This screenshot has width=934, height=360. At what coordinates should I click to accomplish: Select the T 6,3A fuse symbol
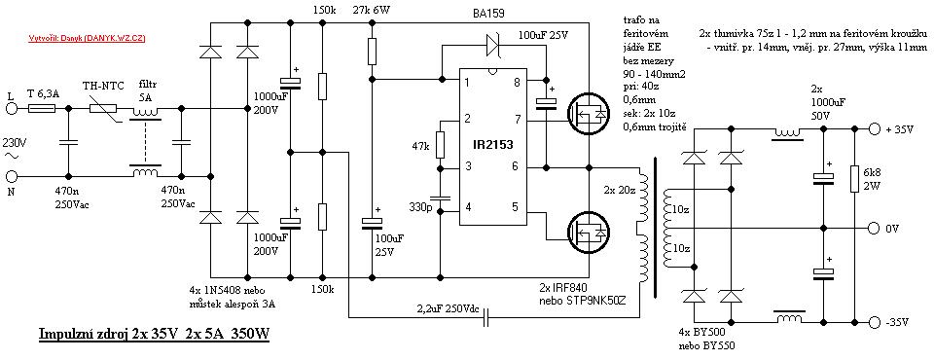click(42, 110)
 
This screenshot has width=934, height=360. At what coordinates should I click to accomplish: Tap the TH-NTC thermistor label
click(102, 87)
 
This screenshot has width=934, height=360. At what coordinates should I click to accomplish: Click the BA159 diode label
click(499, 14)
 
